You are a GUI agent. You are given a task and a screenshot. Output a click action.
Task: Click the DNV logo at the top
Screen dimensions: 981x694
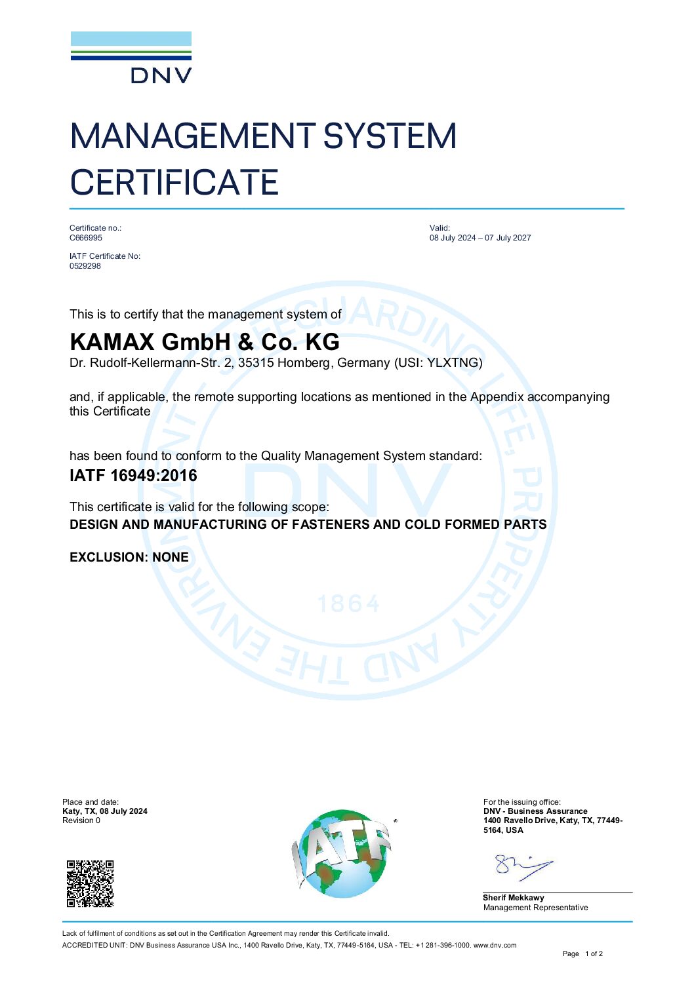coord(131,58)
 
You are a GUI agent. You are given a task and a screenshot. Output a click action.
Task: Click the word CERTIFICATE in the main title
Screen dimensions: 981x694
coord(174,182)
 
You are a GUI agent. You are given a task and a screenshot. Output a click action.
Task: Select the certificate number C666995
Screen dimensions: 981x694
coord(86,238)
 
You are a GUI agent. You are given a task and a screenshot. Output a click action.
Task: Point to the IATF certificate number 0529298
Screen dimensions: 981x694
coord(85,266)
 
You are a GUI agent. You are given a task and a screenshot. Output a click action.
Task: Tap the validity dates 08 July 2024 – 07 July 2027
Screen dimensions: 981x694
coord(480,238)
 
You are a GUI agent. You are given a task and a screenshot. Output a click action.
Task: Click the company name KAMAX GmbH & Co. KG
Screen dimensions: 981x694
coord(205,342)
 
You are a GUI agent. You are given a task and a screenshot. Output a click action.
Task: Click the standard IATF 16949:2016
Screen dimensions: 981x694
coord(133,476)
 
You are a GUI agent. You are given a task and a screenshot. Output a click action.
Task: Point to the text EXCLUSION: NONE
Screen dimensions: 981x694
coord(129,558)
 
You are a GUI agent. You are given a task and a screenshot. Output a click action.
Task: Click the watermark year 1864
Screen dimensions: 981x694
coord(348,604)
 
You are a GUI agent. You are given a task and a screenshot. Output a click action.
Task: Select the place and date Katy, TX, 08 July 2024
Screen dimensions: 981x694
coord(105,811)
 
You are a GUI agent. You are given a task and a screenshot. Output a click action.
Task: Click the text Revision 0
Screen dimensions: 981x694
coord(81,820)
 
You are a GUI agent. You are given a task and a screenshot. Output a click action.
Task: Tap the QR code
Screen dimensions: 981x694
coord(91,883)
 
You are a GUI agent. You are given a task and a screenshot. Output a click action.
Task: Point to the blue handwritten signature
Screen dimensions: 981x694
coord(523,867)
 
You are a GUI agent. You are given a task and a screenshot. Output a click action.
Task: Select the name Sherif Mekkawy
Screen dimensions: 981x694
coord(514,898)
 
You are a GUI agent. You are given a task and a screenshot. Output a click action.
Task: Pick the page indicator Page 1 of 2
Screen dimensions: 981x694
coord(582,953)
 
